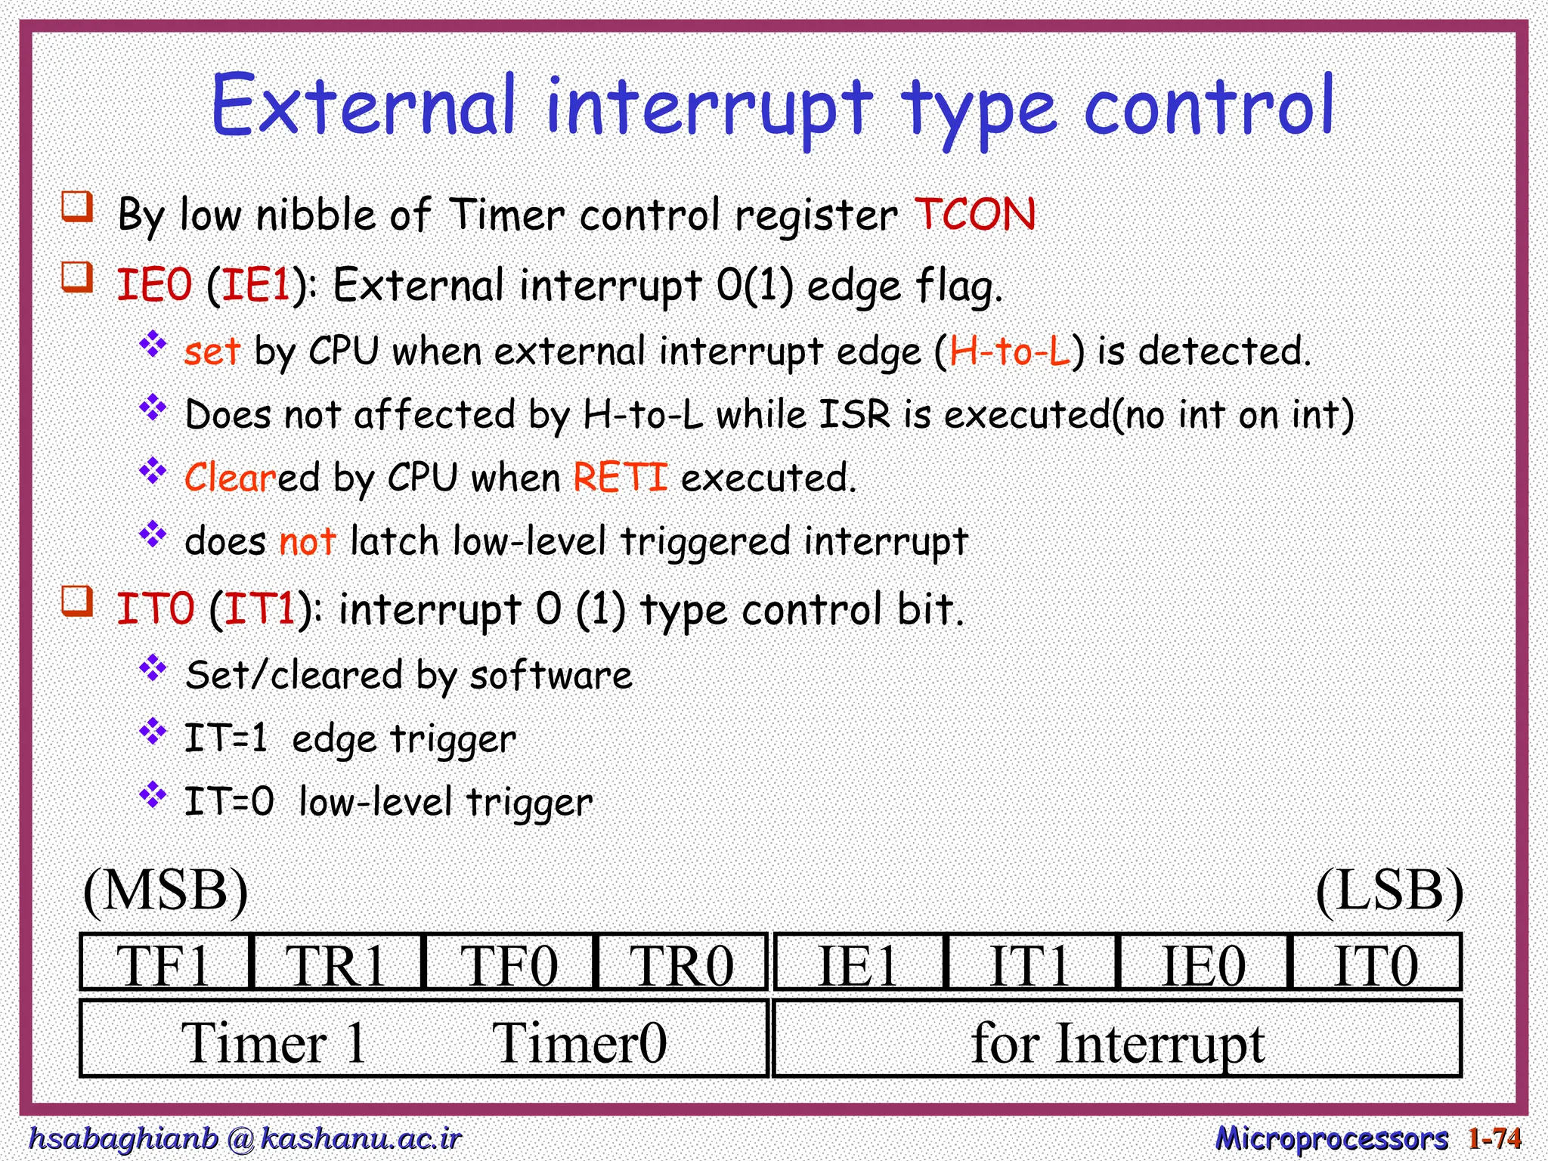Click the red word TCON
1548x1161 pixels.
point(975,215)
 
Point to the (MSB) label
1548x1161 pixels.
point(166,891)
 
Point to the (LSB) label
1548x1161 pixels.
point(1389,891)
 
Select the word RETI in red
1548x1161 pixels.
point(620,478)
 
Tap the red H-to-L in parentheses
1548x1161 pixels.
point(1010,351)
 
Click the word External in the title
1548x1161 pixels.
point(363,106)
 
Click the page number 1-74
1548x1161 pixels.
point(1494,1138)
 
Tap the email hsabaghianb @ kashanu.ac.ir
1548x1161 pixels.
point(244,1138)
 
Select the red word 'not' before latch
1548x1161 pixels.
point(307,542)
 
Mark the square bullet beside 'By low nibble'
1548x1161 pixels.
point(77,206)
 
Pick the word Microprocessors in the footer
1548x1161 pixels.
point(1331,1138)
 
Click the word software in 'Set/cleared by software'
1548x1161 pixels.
point(550,675)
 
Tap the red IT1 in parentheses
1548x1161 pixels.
point(259,609)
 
